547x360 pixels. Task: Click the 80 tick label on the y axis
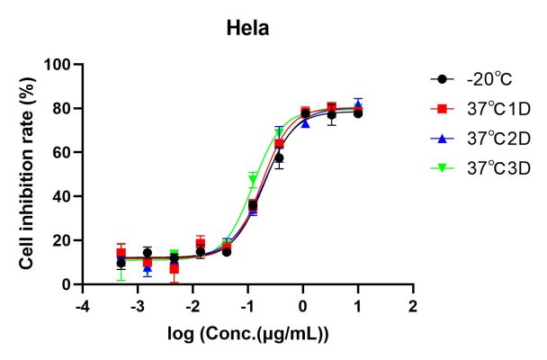(x=63, y=109)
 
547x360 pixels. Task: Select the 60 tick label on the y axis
(x=63, y=152)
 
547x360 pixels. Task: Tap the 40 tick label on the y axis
(x=63, y=196)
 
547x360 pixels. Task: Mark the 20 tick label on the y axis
(x=63, y=240)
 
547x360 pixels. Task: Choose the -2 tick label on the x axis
(x=191, y=306)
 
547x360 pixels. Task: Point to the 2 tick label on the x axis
(x=413, y=306)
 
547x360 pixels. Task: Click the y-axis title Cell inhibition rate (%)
(x=29, y=174)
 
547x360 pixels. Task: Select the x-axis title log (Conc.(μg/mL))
(x=248, y=336)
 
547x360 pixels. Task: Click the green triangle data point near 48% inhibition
(x=253, y=179)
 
